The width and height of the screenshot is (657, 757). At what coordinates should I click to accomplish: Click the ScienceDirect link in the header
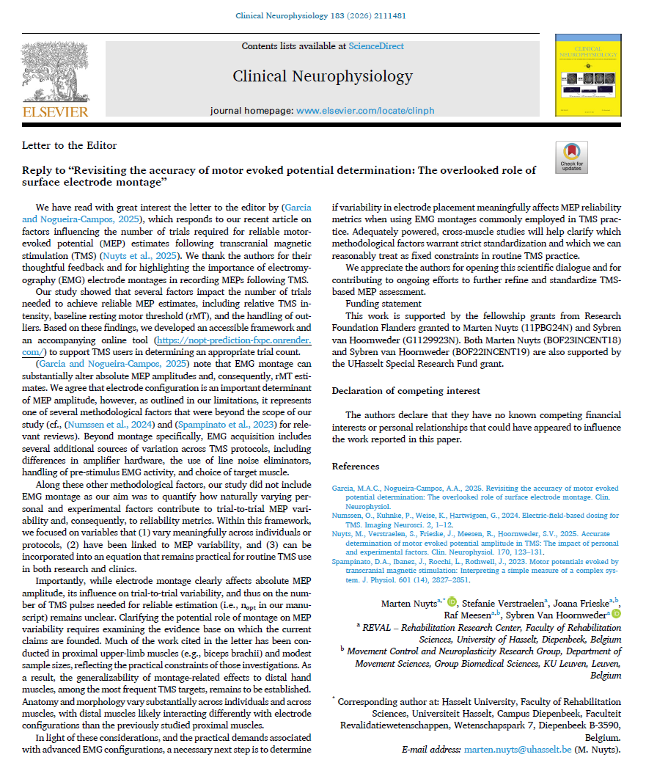tap(376, 46)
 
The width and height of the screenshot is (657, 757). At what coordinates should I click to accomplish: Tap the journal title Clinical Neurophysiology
tap(323, 76)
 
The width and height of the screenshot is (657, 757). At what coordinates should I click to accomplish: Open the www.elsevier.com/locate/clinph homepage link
tap(365, 110)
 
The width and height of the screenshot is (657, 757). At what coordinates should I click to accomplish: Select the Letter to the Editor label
tap(70, 145)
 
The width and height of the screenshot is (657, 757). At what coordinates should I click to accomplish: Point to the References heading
tap(356, 466)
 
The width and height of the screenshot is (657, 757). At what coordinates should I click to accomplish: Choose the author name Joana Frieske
tap(584, 602)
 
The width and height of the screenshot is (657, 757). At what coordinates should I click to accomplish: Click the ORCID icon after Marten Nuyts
tap(452, 602)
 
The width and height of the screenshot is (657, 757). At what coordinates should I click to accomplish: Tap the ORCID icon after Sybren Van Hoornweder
tap(617, 615)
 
